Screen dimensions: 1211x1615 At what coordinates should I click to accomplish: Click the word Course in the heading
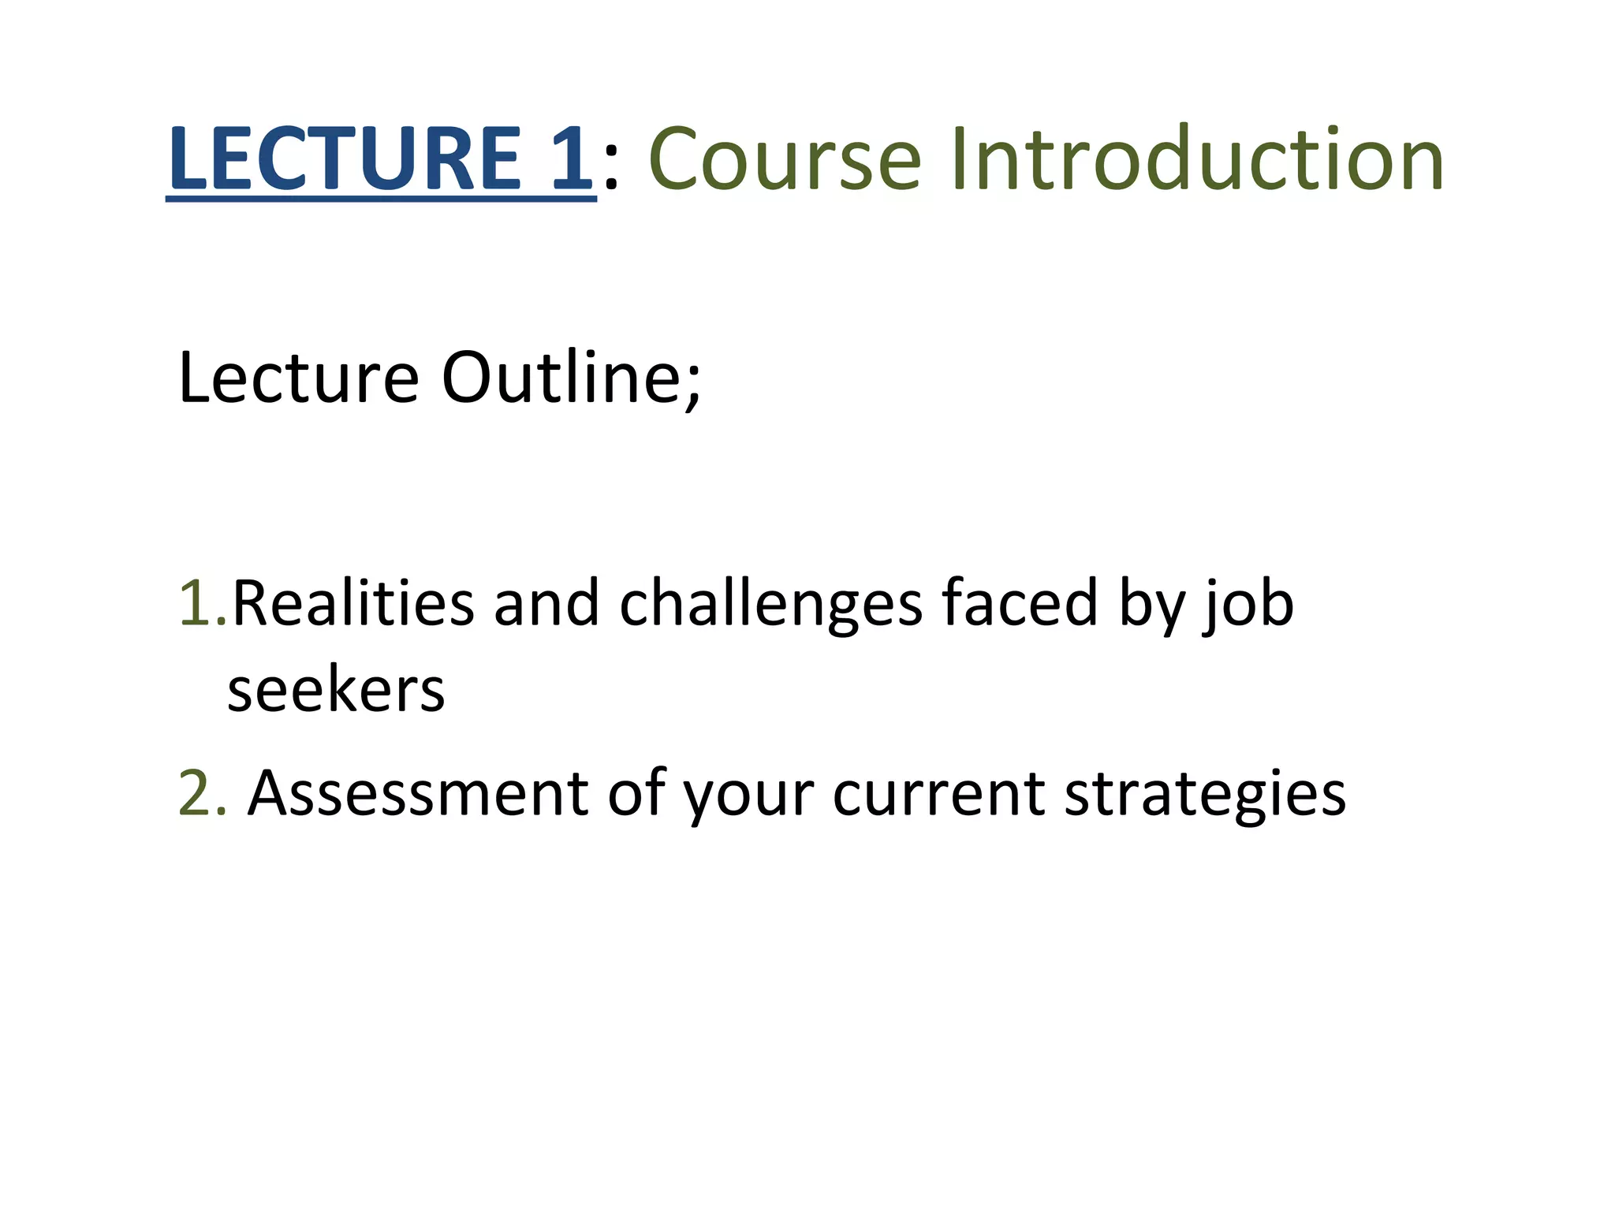click(x=785, y=159)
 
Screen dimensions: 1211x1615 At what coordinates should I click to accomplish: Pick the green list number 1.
click(x=196, y=603)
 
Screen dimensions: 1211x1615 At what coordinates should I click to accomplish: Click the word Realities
click(x=352, y=603)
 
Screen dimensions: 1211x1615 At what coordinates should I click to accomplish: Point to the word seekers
click(x=336, y=690)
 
